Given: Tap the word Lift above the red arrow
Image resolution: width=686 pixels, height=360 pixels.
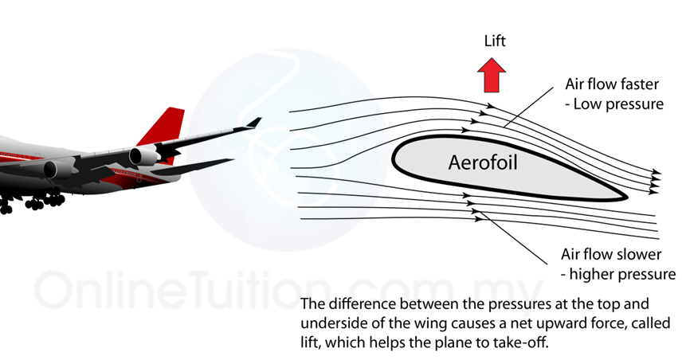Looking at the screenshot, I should point(494,41).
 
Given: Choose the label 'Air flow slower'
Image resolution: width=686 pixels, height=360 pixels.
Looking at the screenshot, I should point(610,255).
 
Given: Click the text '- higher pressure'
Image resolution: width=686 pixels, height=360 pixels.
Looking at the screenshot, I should point(618,275).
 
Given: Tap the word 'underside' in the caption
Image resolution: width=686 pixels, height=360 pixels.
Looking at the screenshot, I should point(336,324).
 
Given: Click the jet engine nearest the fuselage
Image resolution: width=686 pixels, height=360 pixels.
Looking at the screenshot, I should point(57,169).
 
